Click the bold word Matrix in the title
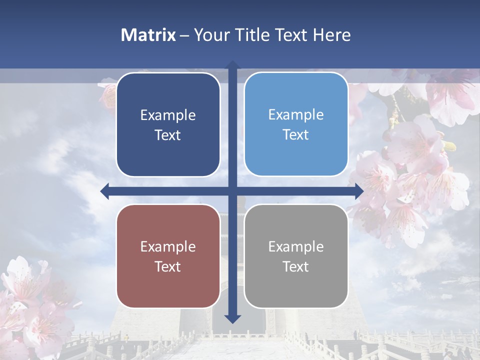coord(148,35)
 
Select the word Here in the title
coord(332,35)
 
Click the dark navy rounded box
coord(168,124)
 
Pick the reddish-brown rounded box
coord(168,256)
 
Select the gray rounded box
coord(296,256)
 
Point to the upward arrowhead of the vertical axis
coord(232,65)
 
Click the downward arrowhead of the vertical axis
coord(232,318)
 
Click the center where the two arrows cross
coord(232,191)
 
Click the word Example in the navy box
coord(168,115)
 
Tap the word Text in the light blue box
coord(296,134)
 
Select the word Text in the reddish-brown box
coord(168,266)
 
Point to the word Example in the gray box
coord(296,246)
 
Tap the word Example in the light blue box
coord(296,115)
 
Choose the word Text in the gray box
coord(296,266)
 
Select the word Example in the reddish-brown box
coord(168,246)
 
